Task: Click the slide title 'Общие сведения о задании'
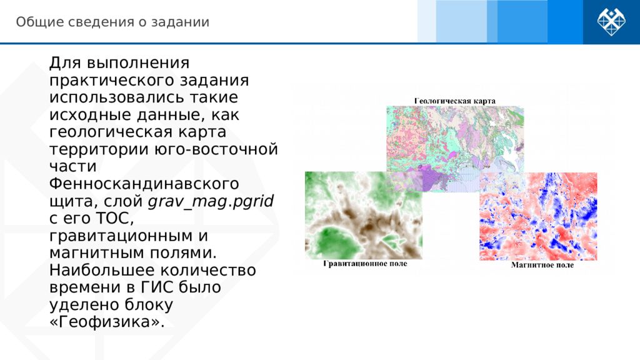[x=112, y=22]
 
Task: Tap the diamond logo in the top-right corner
[x=611, y=22]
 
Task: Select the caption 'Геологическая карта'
[x=455, y=101]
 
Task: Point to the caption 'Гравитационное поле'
[x=365, y=264]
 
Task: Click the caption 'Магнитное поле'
[x=542, y=265]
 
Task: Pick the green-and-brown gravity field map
[x=364, y=215]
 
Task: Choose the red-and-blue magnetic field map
[x=538, y=216]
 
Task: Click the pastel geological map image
[x=455, y=149]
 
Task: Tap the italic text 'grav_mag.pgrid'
[x=211, y=202]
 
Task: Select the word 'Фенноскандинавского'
[x=144, y=184]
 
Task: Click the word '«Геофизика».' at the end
[x=107, y=322]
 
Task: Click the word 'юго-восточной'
[x=216, y=149]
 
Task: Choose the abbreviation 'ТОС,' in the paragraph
[x=115, y=218]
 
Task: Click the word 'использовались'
[x=117, y=97]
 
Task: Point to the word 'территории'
[x=99, y=149]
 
